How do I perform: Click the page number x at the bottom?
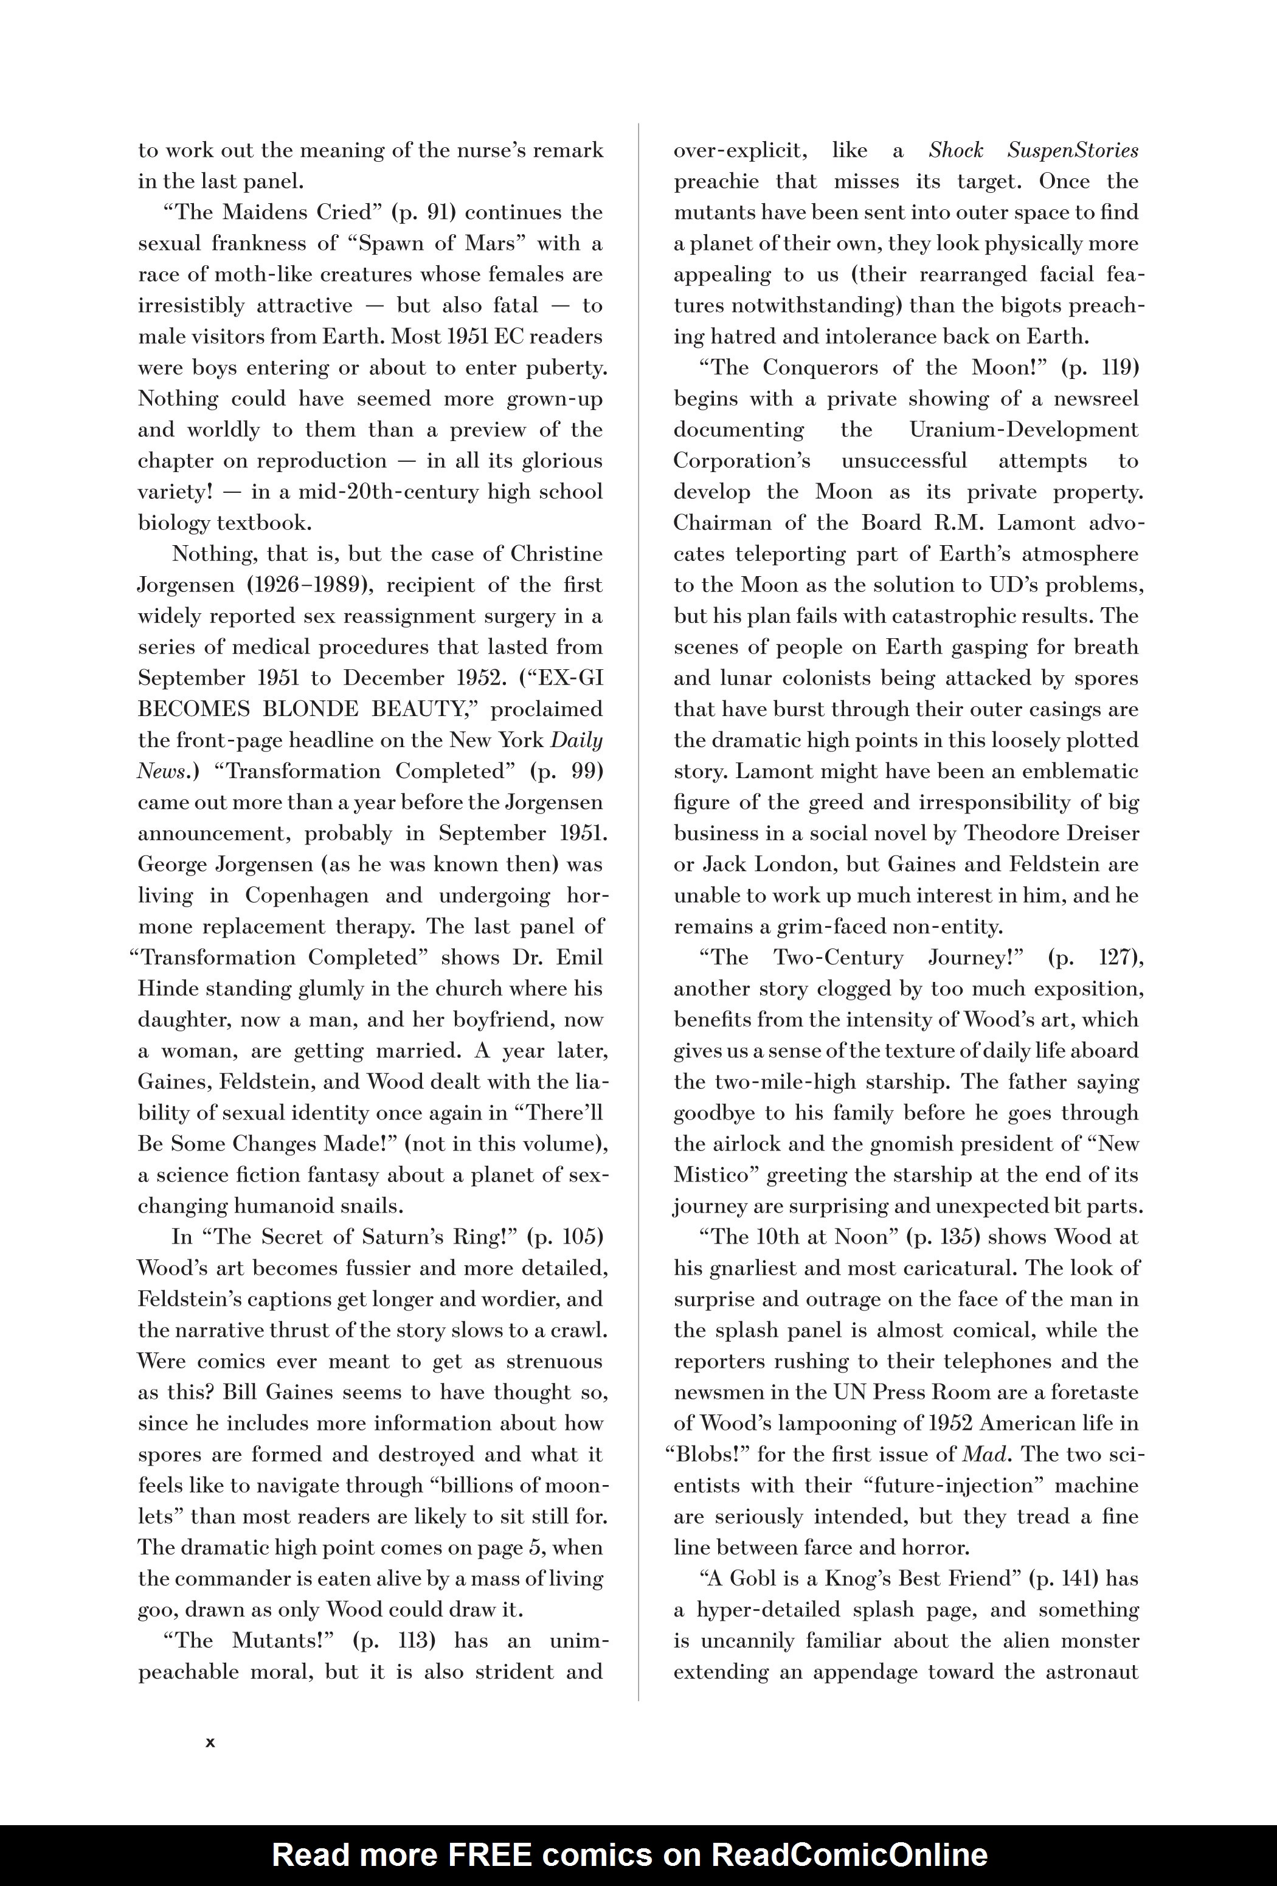(x=210, y=1742)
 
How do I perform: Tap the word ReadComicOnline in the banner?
(x=850, y=1855)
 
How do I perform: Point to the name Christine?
(x=556, y=554)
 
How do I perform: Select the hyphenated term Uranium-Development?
(x=1023, y=430)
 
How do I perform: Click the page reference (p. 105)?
(x=566, y=1237)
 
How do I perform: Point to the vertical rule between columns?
(x=639, y=893)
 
